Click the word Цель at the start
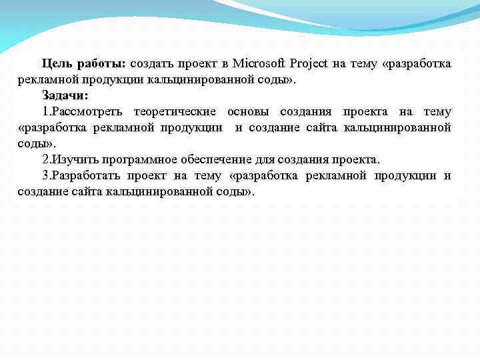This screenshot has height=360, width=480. tap(56, 64)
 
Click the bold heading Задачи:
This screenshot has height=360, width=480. tap(65, 95)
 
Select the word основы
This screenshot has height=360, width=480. tap(247, 111)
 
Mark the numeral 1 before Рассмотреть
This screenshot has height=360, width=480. tap(45, 111)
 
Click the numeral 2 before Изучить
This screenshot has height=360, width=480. tap(45, 160)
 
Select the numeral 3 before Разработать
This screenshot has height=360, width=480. tap(45, 176)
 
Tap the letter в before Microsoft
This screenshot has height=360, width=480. tap(225, 64)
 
